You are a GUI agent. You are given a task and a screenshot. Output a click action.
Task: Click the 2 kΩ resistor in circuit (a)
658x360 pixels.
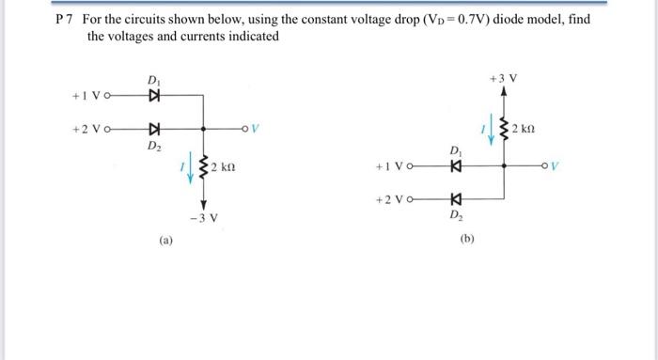[203, 168]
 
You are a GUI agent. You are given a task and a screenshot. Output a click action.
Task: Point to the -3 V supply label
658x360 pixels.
[203, 218]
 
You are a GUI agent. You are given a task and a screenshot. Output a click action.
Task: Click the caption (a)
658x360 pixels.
[165, 241]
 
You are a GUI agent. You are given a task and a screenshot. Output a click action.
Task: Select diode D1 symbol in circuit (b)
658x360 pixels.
[456, 166]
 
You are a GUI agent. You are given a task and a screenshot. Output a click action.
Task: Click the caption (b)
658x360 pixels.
[468, 240]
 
